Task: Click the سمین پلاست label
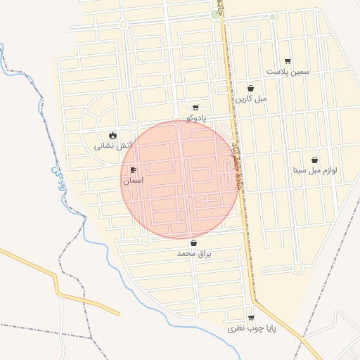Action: point(288,72)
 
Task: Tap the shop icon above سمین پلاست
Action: point(288,61)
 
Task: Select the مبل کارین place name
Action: point(251,98)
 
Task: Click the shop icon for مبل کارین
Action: point(251,88)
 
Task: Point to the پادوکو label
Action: point(196,118)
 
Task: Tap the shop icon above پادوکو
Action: point(195,108)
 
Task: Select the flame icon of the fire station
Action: point(113,135)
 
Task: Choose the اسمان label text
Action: point(133,181)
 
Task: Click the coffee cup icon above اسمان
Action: point(133,170)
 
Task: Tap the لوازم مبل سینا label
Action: point(315,170)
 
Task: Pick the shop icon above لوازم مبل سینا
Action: point(314,160)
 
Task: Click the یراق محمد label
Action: point(194,252)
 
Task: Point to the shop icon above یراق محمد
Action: point(193,243)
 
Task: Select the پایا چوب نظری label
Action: point(252,328)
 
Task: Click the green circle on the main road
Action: point(214,13)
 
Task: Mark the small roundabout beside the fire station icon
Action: point(133,126)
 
